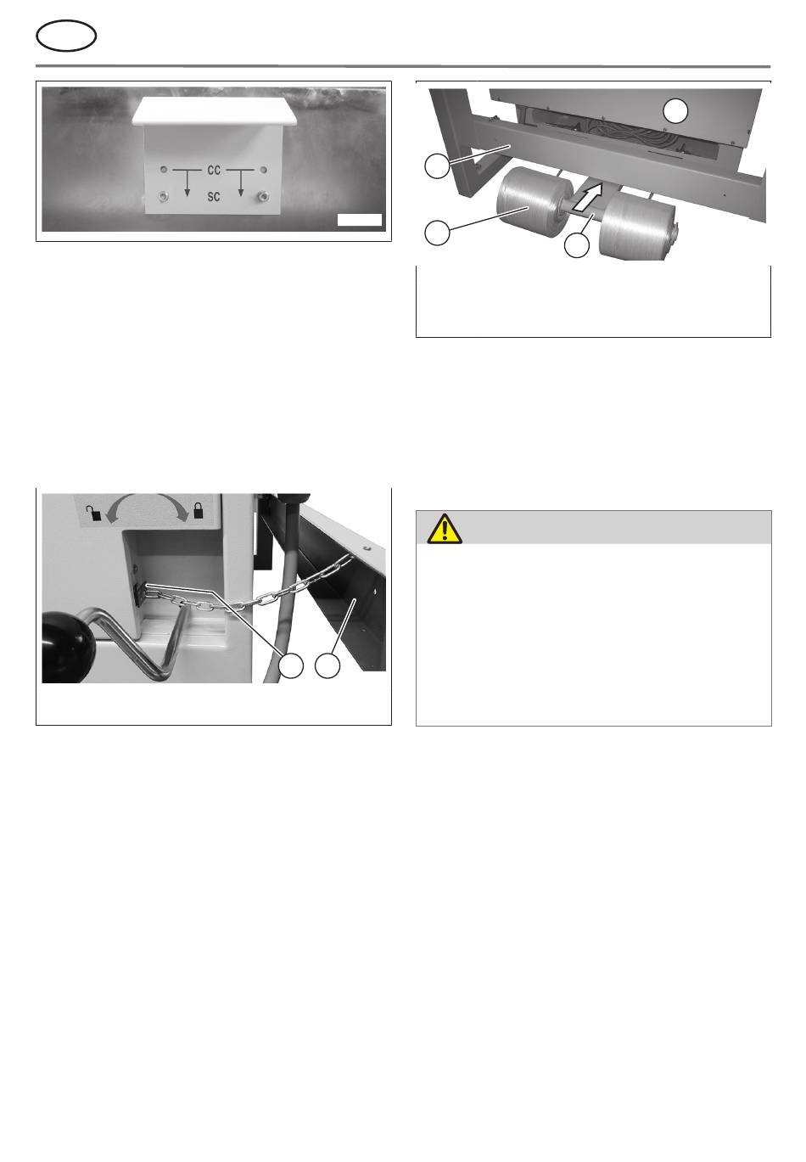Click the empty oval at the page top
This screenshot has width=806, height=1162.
click(x=66, y=36)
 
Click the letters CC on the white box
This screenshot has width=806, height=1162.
click(x=214, y=170)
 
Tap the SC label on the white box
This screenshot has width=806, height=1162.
click(x=214, y=197)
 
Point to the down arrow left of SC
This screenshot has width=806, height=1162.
click(x=187, y=183)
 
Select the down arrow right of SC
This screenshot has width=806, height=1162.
click(x=241, y=183)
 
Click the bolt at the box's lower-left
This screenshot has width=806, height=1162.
click(x=164, y=196)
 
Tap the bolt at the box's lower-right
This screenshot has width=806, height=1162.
click(x=263, y=196)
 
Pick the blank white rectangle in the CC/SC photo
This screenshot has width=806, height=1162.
click(x=360, y=220)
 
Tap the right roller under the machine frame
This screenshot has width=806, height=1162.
click(x=637, y=226)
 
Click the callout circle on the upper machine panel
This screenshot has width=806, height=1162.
click(x=676, y=111)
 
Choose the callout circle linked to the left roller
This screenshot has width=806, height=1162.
click(x=437, y=233)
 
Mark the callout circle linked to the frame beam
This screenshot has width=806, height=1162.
click(x=437, y=166)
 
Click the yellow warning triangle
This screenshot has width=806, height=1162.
click(x=445, y=529)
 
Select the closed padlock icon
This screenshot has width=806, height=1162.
click(x=198, y=511)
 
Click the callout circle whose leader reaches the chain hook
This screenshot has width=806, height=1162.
click(x=292, y=665)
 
